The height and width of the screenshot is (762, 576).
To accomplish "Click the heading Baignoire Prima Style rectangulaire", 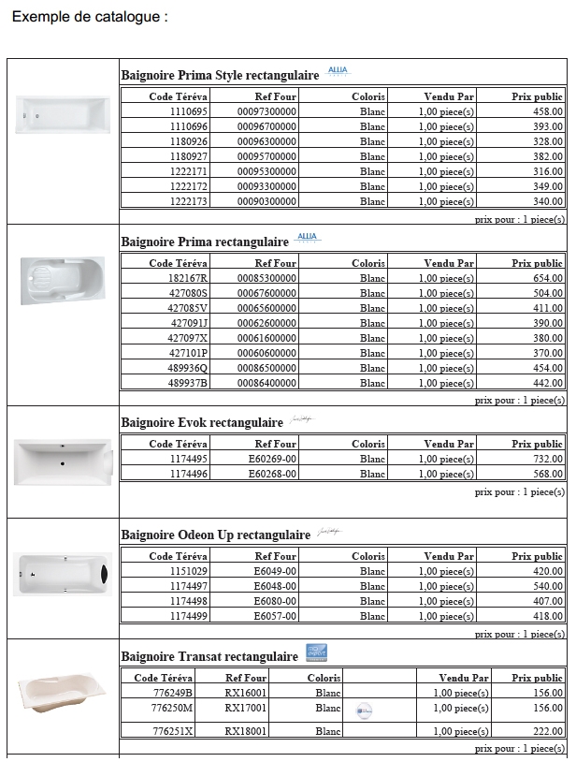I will (220, 76).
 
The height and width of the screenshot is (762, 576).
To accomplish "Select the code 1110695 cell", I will (188, 111).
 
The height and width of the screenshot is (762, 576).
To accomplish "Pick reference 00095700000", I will (266, 156).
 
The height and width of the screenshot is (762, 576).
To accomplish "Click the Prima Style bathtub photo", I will (63, 114).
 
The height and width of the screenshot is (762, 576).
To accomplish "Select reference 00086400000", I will (266, 383).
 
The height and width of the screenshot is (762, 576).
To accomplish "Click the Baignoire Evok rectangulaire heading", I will (202, 423).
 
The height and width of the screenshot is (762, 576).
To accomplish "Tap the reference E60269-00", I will (272, 459).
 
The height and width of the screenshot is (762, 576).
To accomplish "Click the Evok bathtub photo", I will (63, 462).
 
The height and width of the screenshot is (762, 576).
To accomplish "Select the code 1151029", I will (188, 571).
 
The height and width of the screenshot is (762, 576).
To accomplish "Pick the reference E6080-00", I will (275, 601).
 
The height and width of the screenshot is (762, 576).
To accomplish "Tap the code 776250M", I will (172, 708).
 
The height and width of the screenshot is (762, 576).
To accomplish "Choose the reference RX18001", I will (246, 731).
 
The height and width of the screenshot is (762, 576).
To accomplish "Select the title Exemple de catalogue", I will (89, 17).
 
